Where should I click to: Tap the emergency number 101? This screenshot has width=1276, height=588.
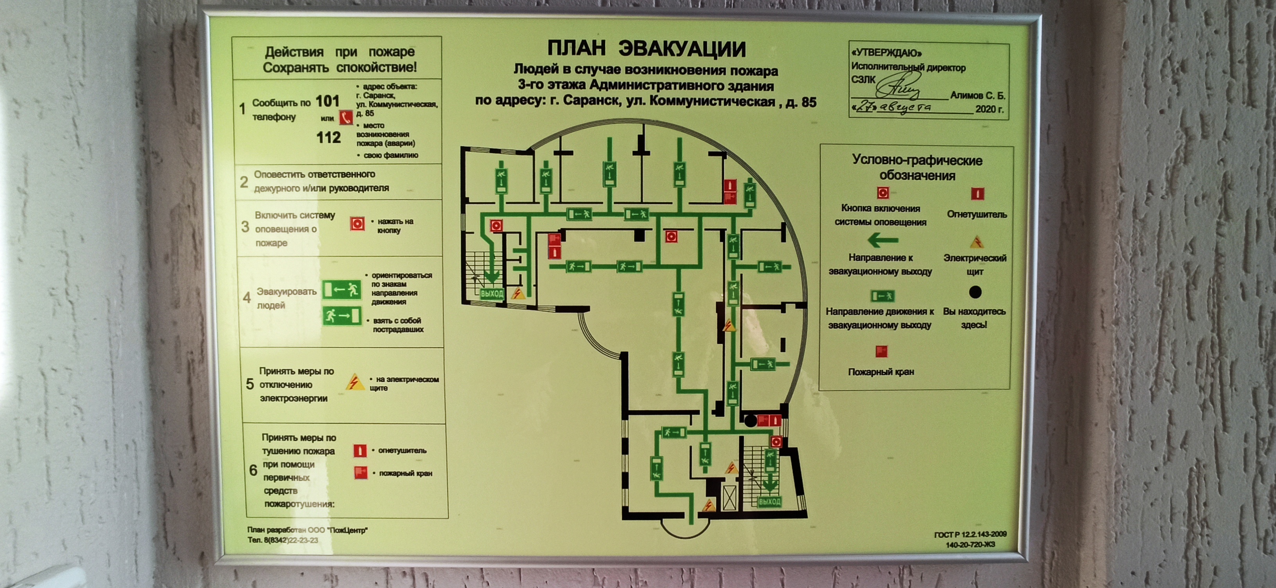point(328,102)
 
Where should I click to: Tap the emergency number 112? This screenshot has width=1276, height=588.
point(328,138)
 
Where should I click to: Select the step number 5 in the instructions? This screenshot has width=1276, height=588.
point(250,384)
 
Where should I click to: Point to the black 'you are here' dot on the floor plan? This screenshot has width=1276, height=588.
point(751,421)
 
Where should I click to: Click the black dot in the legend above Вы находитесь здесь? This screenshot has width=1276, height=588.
point(975,292)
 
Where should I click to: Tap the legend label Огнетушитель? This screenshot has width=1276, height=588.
point(977,215)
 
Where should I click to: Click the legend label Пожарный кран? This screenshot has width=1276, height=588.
point(881,372)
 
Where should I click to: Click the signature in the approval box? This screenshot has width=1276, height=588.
point(898,87)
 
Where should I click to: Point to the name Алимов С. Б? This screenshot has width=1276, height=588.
point(977,96)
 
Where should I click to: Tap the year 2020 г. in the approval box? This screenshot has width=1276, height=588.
point(989,109)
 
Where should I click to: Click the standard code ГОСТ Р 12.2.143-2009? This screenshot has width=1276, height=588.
point(970,534)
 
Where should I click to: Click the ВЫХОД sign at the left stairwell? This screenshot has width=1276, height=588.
point(492,294)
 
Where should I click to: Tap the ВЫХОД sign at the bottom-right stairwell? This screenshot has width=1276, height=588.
point(769,502)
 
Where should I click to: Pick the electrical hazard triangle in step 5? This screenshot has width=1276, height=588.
point(354,382)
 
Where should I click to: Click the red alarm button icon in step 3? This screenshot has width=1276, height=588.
point(357,224)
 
